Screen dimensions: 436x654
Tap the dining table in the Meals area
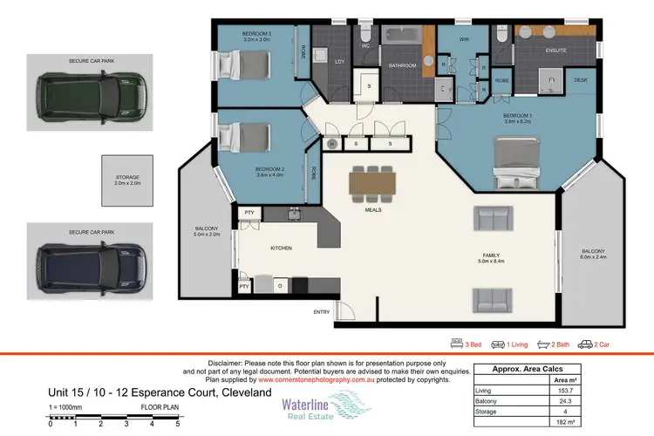[372, 181]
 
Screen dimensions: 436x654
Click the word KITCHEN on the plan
[280, 249]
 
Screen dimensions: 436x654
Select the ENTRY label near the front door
[322, 312]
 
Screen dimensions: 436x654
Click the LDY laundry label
[339, 61]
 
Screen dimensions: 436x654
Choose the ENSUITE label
[555, 51]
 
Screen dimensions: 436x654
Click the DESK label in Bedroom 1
[580, 80]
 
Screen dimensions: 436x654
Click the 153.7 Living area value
[616, 392]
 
